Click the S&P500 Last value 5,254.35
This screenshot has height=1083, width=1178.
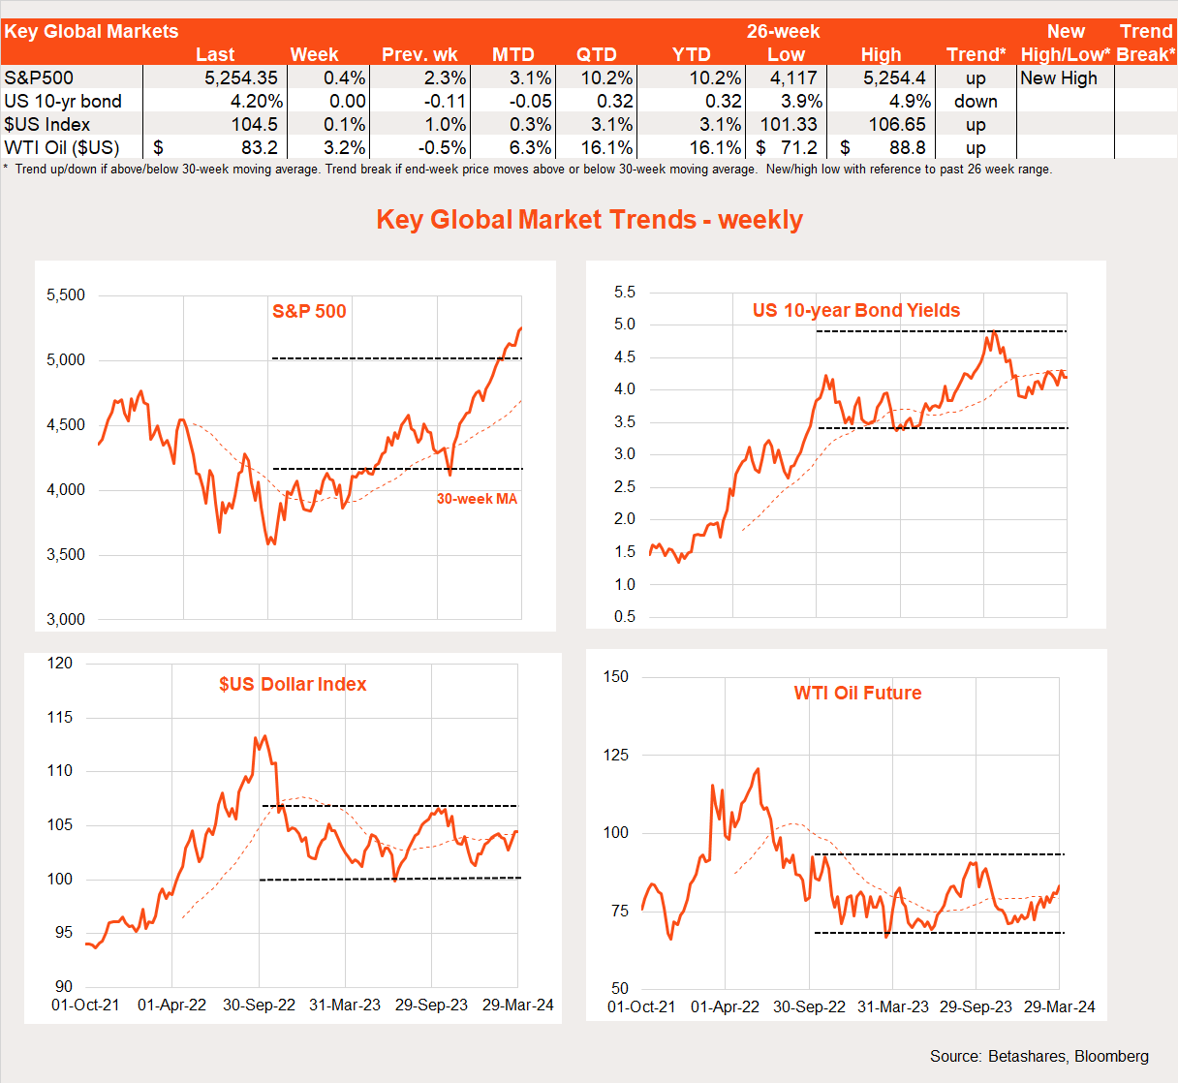click(x=240, y=78)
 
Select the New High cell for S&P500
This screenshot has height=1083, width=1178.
click(x=1059, y=78)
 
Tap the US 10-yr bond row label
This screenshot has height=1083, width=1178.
click(x=63, y=102)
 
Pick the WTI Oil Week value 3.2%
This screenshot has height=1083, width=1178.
click(x=345, y=148)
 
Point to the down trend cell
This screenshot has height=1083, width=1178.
click(x=976, y=102)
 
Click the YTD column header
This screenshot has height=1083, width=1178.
click(x=691, y=55)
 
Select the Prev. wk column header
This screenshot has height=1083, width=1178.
click(x=419, y=55)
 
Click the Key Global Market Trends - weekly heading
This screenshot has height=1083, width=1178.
click(x=589, y=220)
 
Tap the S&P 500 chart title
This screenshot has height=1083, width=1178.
click(x=309, y=311)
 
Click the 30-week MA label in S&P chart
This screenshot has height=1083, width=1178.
click(x=477, y=499)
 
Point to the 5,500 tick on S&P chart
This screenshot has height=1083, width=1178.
click(x=66, y=295)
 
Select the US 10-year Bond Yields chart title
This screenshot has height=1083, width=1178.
click(x=856, y=311)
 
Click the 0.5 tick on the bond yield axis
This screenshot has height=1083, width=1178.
click(x=625, y=617)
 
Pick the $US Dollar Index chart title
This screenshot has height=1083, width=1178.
click(x=293, y=685)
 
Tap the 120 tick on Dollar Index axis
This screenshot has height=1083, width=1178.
click(x=60, y=664)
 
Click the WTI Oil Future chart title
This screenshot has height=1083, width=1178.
click(x=857, y=694)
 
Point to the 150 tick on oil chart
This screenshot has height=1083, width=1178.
click(x=616, y=677)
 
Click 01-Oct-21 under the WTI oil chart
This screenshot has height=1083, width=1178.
click(x=641, y=1007)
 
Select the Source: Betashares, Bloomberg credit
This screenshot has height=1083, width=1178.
click(x=1038, y=1056)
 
